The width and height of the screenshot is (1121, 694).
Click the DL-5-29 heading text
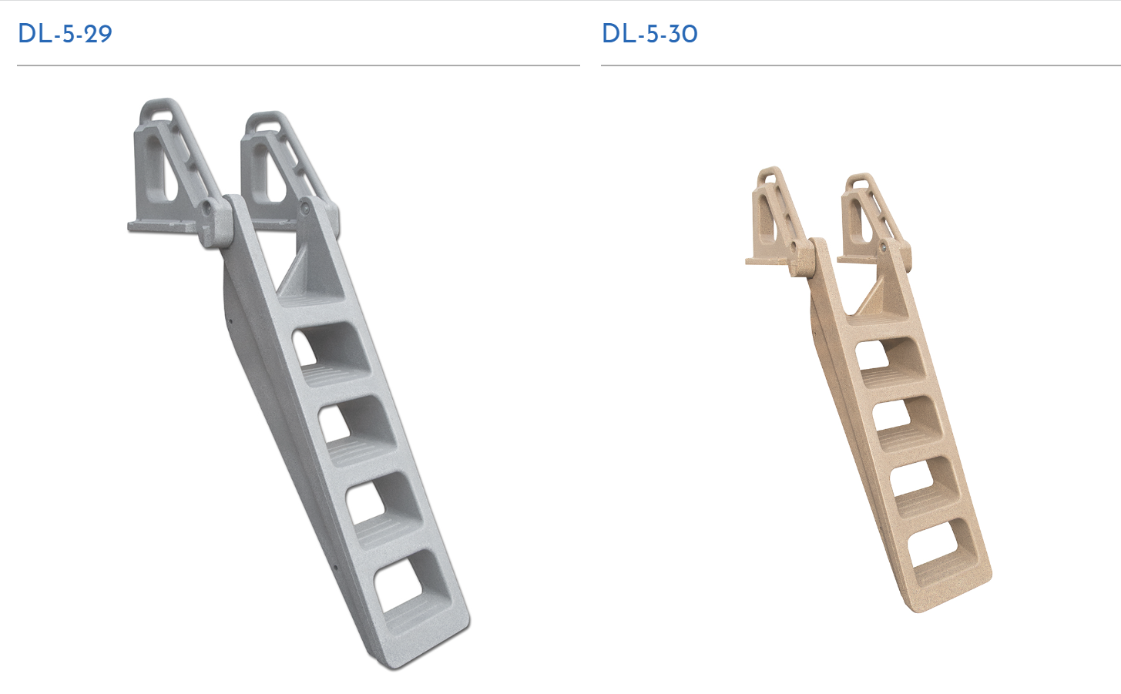point(65,34)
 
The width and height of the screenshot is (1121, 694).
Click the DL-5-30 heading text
point(649,34)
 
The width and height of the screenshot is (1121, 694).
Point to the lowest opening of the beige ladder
point(941,545)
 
